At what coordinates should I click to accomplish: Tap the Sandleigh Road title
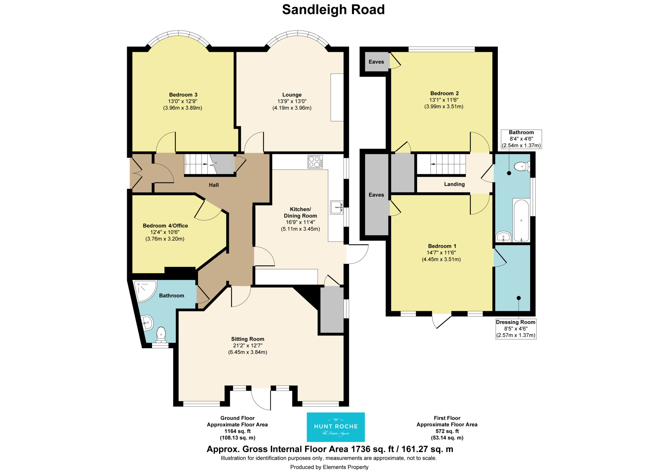click(333, 10)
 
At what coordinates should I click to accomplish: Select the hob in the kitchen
click(315, 162)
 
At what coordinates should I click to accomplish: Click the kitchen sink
click(337, 207)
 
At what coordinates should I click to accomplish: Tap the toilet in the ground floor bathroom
click(161, 335)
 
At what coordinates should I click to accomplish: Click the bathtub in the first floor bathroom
click(521, 220)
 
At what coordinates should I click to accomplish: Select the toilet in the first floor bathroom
click(522, 167)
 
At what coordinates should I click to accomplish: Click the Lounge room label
click(292, 95)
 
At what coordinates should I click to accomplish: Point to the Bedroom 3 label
click(183, 95)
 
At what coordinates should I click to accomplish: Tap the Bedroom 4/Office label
click(165, 226)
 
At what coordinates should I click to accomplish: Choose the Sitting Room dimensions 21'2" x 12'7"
click(247, 345)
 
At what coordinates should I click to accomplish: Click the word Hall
click(214, 185)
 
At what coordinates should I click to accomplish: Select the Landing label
click(454, 184)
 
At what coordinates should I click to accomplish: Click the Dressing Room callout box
click(516, 329)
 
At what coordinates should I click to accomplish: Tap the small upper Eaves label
click(376, 62)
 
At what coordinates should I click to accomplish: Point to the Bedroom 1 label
click(442, 246)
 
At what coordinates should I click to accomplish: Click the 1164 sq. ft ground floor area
click(237, 431)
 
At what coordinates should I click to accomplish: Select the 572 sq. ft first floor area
click(447, 431)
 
